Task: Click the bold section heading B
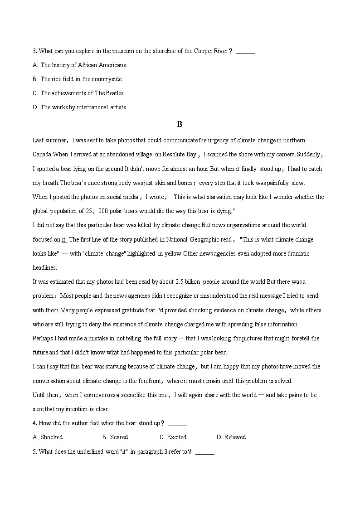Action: tap(180, 124)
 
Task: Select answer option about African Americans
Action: tap(80, 65)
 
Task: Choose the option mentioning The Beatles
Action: tap(78, 93)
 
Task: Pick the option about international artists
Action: tap(80, 107)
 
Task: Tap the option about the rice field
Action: tap(78, 79)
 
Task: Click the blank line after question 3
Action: tap(246, 51)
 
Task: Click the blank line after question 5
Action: tap(205, 452)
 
